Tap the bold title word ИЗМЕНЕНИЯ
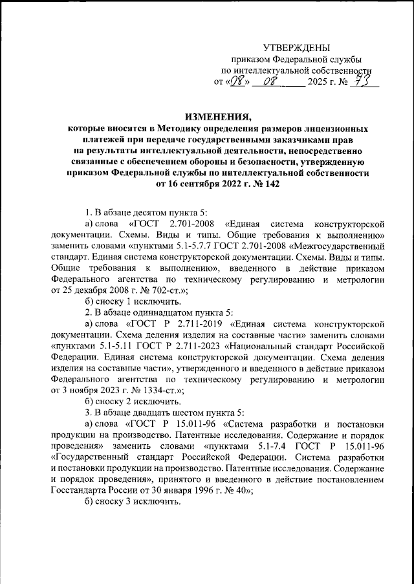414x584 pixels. tap(217, 117)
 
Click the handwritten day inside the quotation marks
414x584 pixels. tap(238, 81)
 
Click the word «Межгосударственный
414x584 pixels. tap(336, 246)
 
